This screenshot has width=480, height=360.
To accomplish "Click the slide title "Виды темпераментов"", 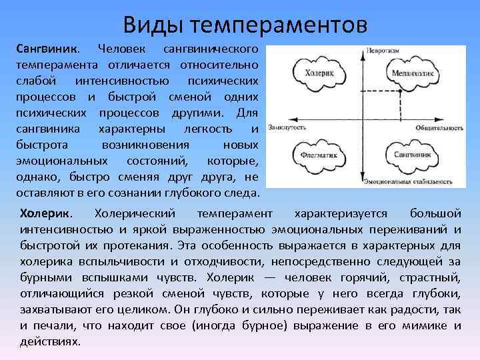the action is click(x=245, y=25).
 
